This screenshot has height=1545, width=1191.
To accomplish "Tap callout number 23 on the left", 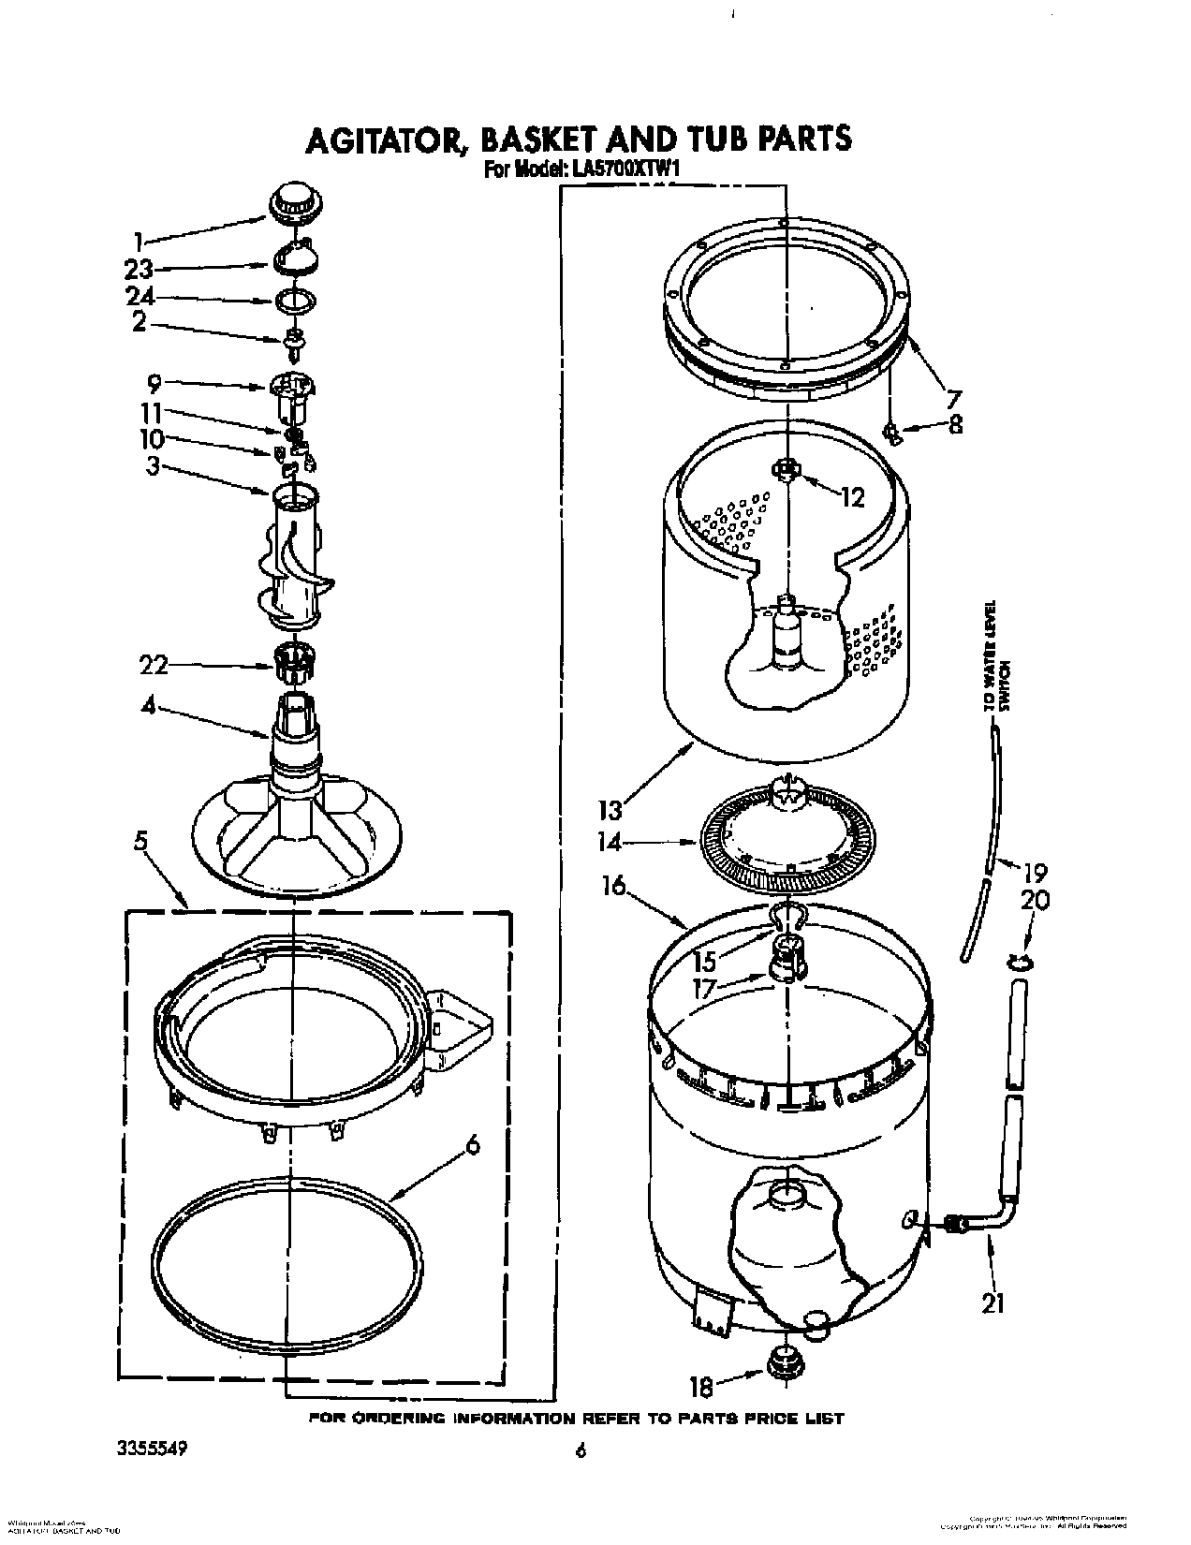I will click(x=139, y=270).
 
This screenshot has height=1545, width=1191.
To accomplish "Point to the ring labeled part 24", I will click(x=295, y=302).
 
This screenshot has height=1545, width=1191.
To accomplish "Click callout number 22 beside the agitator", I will click(x=154, y=665).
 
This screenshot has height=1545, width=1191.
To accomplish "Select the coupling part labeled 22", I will click(x=293, y=665).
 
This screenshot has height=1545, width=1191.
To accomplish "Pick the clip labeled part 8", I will click(x=892, y=432).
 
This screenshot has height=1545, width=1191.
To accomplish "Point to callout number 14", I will click(x=610, y=842).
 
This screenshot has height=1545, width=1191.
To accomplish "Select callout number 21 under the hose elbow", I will click(x=992, y=1302).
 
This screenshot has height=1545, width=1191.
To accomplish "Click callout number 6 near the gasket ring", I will click(x=473, y=1144).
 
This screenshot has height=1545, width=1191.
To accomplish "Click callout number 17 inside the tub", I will click(x=703, y=987).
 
